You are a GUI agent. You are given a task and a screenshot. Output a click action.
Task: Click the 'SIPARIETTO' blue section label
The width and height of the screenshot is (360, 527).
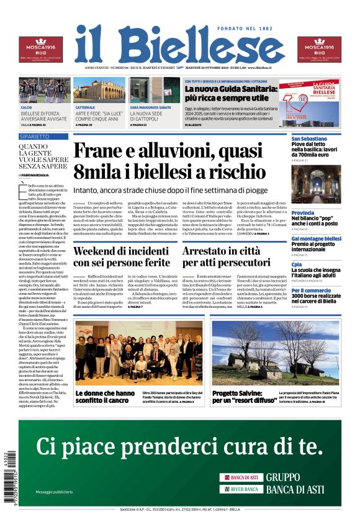(34, 135)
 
